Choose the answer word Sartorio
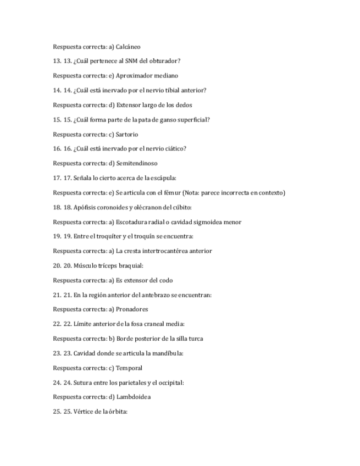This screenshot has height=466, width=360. pyautogui.click(x=127, y=134)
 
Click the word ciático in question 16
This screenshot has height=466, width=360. pyautogui.click(x=175, y=148)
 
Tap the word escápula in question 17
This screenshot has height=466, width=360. pyautogui.click(x=162, y=178)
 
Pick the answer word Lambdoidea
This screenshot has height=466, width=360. pyautogui.click(x=134, y=397)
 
